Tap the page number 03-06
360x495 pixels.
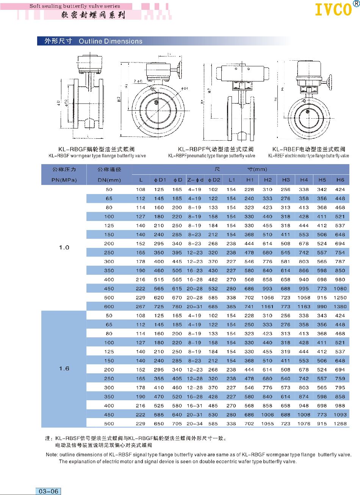(x=49, y=491)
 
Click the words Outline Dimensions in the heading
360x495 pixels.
(x=111, y=41)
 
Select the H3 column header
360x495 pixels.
(x=286, y=180)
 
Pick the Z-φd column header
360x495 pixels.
(x=195, y=180)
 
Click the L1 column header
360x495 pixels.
(x=232, y=180)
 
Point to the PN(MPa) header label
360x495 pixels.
(x=64, y=180)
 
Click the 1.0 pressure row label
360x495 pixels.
(x=64, y=247)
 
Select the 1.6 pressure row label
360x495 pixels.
(x=64, y=368)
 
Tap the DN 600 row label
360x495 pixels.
(x=109, y=307)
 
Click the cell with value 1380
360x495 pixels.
(x=340, y=307)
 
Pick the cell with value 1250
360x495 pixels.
(x=340, y=298)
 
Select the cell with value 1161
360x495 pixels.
(x=268, y=307)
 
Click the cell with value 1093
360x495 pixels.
(x=340, y=415)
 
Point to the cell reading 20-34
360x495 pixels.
(x=195, y=424)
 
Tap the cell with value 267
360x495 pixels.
(x=141, y=307)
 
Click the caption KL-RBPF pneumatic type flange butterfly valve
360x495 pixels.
(x=211, y=156)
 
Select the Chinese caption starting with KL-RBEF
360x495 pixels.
(x=308, y=149)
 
